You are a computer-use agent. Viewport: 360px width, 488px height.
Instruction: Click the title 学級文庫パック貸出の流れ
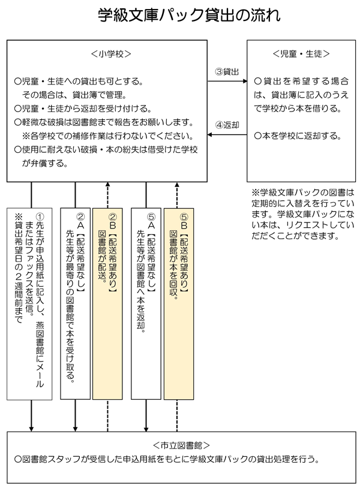click(190, 15)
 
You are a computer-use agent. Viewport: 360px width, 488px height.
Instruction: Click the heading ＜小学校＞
click(111, 54)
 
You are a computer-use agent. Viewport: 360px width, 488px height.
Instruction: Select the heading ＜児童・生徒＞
click(301, 54)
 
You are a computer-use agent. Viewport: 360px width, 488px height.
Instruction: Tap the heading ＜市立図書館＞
click(181, 445)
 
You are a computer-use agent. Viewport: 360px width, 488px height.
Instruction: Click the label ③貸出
click(227, 72)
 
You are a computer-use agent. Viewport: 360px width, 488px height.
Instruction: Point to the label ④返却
click(227, 125)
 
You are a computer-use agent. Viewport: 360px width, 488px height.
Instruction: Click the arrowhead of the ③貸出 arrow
click(245, 81)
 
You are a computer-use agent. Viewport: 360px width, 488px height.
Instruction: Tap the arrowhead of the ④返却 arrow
click(209, 135)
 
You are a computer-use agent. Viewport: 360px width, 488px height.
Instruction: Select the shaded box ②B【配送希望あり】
click(107, 304)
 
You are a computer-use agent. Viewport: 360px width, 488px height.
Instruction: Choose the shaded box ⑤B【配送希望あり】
click(179, 304)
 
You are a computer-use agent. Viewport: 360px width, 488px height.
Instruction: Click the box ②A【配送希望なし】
click(75, 304)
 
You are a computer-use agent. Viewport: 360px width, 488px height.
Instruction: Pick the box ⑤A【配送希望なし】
click(146, 304)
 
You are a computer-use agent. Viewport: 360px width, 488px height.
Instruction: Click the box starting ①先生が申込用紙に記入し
click(29, 304)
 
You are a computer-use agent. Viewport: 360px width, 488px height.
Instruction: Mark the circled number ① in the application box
click(40, 217)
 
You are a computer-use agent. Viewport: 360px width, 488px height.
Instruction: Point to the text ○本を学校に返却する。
click(298, 136)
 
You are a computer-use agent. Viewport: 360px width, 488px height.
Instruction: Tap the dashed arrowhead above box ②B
click(108, 184)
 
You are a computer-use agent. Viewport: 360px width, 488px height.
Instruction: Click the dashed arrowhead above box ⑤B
click(177, 184)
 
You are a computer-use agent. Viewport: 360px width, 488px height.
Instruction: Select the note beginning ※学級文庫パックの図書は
click(302, 214)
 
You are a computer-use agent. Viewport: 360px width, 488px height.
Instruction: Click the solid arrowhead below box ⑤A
click(146, 429)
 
